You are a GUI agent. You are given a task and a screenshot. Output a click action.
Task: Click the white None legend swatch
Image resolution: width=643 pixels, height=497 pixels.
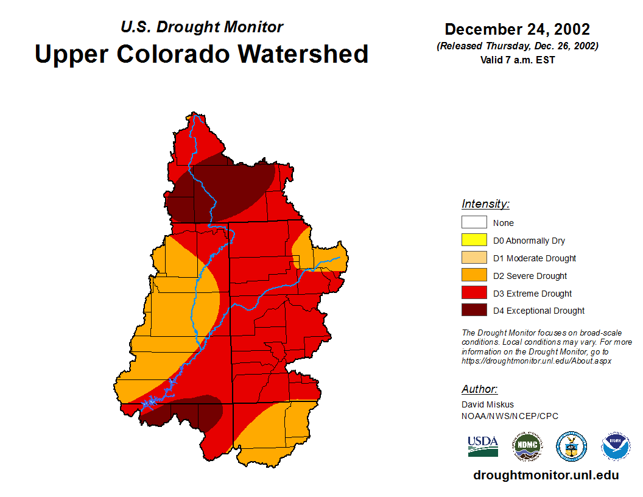[x=474, y=222]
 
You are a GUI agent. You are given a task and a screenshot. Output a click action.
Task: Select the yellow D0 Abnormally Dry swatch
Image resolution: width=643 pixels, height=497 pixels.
[x=474, y=240]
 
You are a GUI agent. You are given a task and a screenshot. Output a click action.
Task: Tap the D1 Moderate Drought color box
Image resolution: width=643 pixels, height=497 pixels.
[x=474, y=258]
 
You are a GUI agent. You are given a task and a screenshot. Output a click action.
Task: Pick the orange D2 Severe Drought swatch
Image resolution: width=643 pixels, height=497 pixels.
[x=474, y=275]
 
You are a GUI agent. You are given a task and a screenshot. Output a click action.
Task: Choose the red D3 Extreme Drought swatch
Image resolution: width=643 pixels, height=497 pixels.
[x=474, y=293]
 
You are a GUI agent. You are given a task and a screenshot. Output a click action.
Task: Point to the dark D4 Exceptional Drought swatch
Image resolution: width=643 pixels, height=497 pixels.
[x=474, y=310]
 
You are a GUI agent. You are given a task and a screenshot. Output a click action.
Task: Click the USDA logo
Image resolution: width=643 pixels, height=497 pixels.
[x=483, y=446]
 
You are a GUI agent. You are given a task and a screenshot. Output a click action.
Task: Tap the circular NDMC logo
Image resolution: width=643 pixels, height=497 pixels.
[x=527, y=446]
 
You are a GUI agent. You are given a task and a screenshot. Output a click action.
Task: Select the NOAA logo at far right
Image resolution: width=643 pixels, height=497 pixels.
[x=616, y=446]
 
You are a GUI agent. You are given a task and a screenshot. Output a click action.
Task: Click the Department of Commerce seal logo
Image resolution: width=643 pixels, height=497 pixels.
[x=571, y=446]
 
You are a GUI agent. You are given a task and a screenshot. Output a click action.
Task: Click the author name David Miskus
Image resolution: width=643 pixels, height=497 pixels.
[x=488, y=404]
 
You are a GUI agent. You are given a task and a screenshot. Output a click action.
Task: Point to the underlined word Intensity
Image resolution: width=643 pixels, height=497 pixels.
[x=485, y=204]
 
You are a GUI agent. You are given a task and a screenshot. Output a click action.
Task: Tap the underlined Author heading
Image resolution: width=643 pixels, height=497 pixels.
[x=479, y=389]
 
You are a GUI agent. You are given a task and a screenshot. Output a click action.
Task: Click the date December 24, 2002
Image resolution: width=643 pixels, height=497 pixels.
[x=517, y=29]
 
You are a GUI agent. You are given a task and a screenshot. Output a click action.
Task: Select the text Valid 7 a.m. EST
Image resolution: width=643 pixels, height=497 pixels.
[x=517, y=60]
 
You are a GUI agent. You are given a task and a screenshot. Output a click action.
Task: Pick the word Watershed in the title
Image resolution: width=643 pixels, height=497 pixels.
[x=303, y=54]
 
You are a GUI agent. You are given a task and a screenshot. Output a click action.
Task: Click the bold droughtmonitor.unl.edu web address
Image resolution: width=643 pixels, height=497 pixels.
[x=546, y=475]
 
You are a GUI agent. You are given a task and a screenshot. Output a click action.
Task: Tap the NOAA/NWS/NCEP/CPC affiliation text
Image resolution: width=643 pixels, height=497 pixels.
[x=510, y=416]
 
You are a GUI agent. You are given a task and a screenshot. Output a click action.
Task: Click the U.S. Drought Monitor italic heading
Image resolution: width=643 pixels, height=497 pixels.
[x=202, y=27]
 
